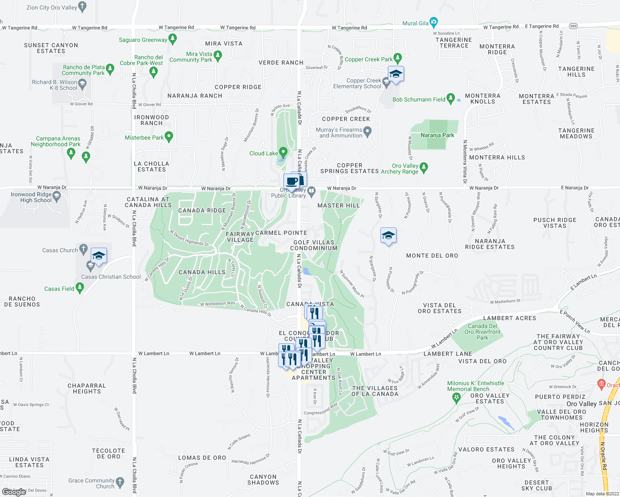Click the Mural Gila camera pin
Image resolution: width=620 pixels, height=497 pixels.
434,22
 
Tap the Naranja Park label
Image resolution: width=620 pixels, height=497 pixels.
437,135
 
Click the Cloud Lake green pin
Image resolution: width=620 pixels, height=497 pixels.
283,152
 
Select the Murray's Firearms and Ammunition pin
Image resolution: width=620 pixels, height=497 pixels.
367,132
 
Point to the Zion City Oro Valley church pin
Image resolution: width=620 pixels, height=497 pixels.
82,6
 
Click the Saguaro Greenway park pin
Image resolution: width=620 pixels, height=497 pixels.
172,39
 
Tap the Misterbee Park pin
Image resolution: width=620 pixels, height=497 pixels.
169,136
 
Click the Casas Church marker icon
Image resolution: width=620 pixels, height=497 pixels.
83,249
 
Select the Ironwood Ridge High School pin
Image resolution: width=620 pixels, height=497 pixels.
57,196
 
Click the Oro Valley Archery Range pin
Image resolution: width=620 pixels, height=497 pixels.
423,167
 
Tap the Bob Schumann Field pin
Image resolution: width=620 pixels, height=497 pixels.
451,99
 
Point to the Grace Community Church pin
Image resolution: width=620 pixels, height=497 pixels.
120,482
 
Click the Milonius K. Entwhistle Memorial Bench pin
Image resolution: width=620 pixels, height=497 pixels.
456,398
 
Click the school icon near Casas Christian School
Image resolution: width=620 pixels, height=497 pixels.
99,256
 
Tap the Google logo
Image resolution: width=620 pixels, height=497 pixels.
14,492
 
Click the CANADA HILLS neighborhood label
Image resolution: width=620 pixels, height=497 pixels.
202,272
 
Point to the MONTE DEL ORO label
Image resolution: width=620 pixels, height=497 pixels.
432,256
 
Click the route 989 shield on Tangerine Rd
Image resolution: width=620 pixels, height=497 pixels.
573,26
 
